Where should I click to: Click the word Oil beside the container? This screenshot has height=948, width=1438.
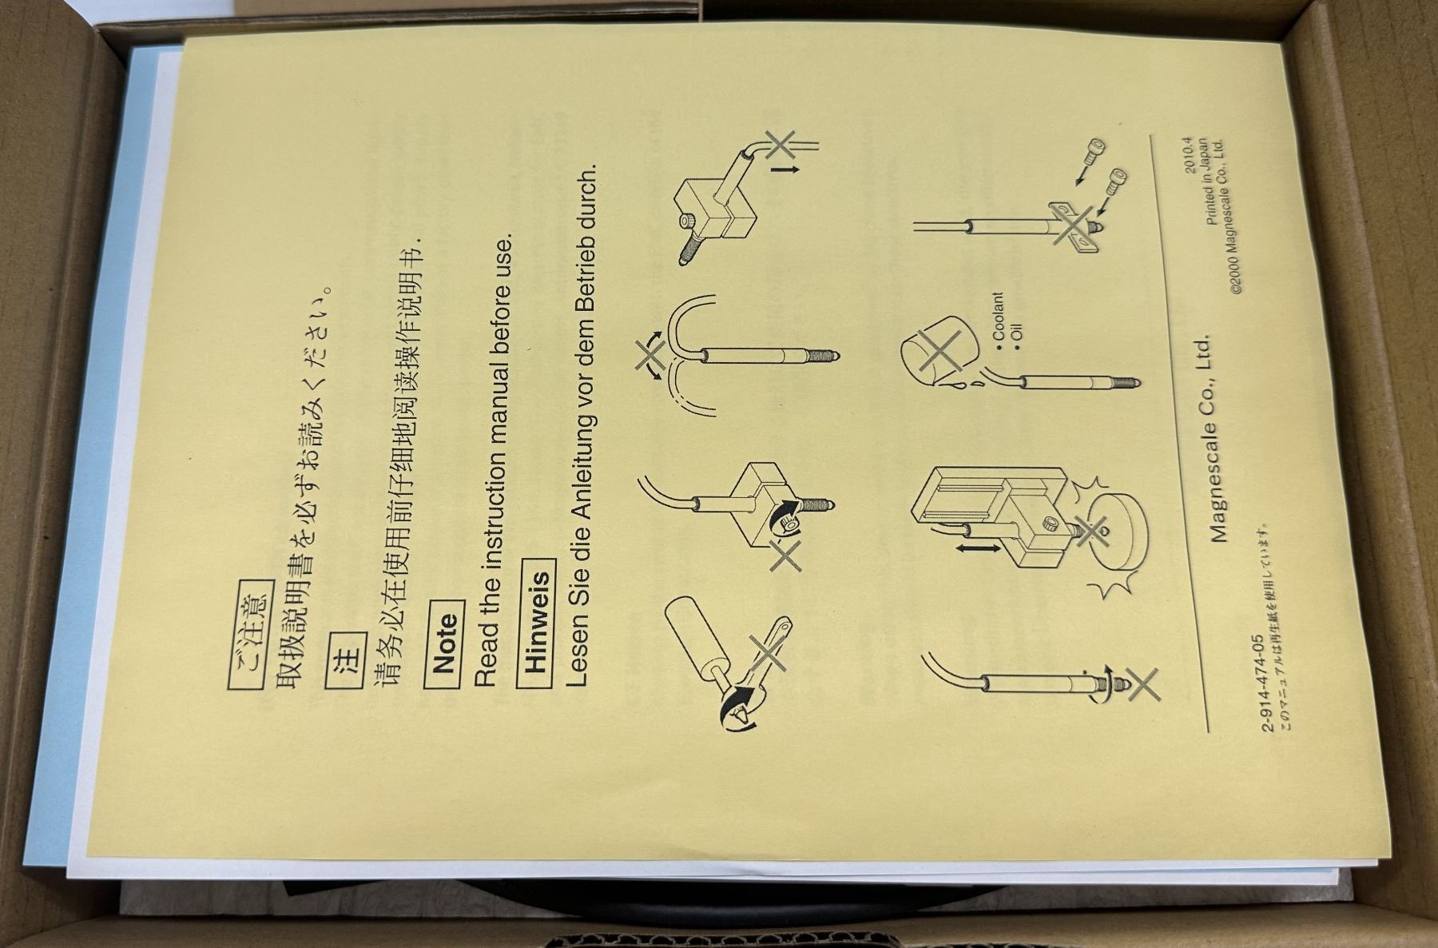(1016, 337)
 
